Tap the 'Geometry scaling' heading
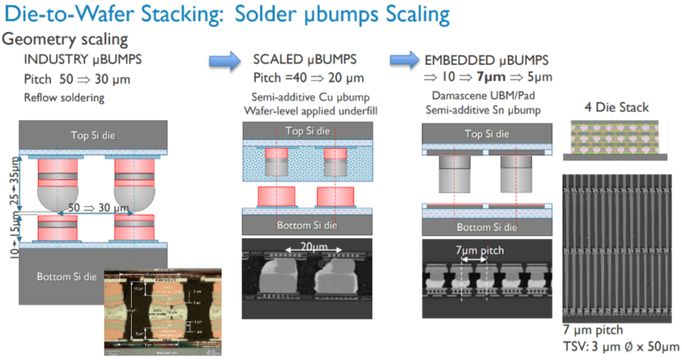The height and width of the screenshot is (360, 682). click(x=66, y=39)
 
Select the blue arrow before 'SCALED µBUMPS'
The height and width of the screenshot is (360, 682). click(x=225, y=60)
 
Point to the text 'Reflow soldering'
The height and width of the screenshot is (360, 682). click(x=64, y=98)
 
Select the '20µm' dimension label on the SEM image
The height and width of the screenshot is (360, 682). click(x=308, y=248)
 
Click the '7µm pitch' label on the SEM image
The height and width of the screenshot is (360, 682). click(x=479, y=251)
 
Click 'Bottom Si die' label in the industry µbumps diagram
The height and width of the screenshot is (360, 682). click(x=66, y=277)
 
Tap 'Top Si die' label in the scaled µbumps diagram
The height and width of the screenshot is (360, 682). click(x=308, y=131)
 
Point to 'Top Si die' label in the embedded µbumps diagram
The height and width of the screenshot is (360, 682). click(x=486, y=133)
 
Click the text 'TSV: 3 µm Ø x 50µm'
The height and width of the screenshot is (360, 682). click(x=621, y=345)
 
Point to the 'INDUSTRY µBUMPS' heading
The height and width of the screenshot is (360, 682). click(x=83, y=60)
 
